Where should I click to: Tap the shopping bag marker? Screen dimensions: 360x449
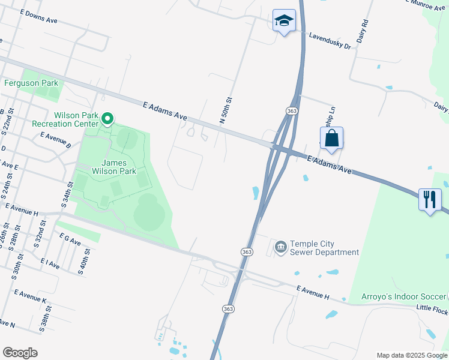tap(331, 139)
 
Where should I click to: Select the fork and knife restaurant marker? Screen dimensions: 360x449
tap(430, 200)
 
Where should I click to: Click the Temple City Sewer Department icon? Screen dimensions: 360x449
tap(280, 247)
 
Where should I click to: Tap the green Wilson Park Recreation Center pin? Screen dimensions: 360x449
tap(107, 119)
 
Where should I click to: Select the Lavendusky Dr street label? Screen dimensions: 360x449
tap(330, 41)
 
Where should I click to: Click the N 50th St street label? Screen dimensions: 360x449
tap(226, 110)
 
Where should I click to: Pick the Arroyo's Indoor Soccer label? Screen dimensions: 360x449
tap(403, 296)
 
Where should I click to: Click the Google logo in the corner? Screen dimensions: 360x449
tap(20, 353)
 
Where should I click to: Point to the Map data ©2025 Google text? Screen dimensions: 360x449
tap(411, 355)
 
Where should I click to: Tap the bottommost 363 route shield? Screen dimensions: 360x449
tap(228, 308)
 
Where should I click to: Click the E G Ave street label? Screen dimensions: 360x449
tap(70, 240)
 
